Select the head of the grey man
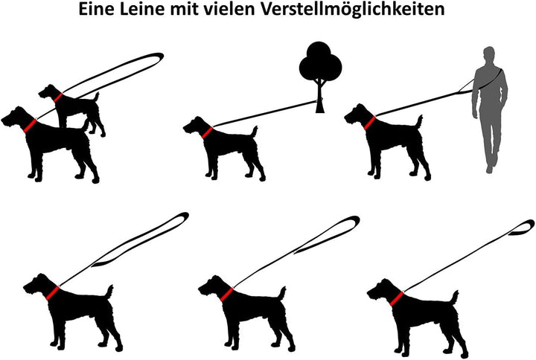tap(488, 55)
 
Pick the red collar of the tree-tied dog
tap(207, 132)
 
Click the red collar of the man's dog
tap(369, 123)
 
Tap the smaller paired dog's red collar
tap(57, 97)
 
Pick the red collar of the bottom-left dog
tap(53, 292)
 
